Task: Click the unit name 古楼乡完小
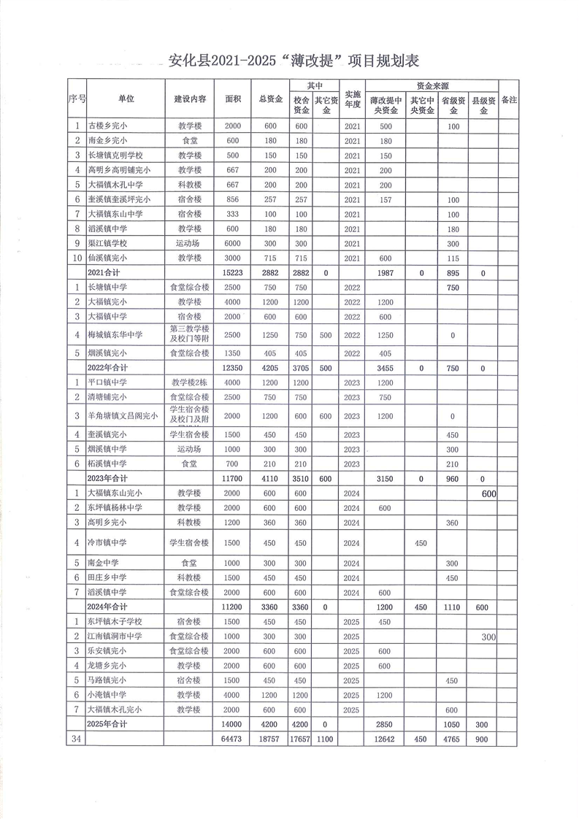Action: tap(108, 126)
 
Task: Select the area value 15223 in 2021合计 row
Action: tap(232, 272)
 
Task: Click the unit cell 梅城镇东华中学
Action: tap(115, 335)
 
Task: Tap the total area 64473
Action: tap(232, 739)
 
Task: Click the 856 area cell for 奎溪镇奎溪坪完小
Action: tap(232, 199)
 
